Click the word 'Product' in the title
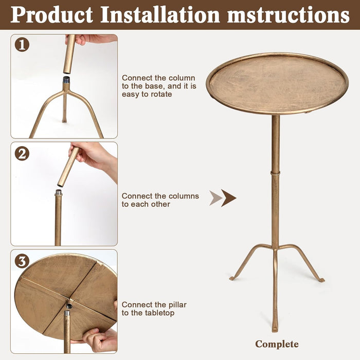pos(51,14)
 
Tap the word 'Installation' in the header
pos(160,14)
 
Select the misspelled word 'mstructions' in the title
pos(288,14)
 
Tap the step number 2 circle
pos(22,153)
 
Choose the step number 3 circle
pos(22,261)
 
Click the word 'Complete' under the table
pos(277,344)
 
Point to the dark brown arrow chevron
pos(229,197)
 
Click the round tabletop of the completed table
pos(277,82)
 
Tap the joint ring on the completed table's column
pos(276,173)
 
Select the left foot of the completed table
pos(233,278)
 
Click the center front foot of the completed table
pos(276,328)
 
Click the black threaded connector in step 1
pos(66,80)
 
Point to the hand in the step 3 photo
pos(100,339)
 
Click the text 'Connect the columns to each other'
pos(160,200)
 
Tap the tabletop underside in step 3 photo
pos(57,293)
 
